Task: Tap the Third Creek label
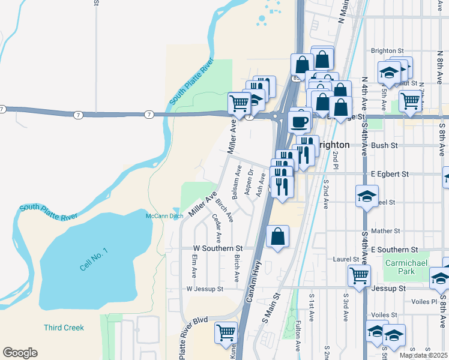64,328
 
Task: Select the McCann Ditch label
164,216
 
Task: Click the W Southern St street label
217,248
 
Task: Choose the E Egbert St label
389,174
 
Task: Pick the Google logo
20,352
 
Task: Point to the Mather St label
385,230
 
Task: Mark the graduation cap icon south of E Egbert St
367,197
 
